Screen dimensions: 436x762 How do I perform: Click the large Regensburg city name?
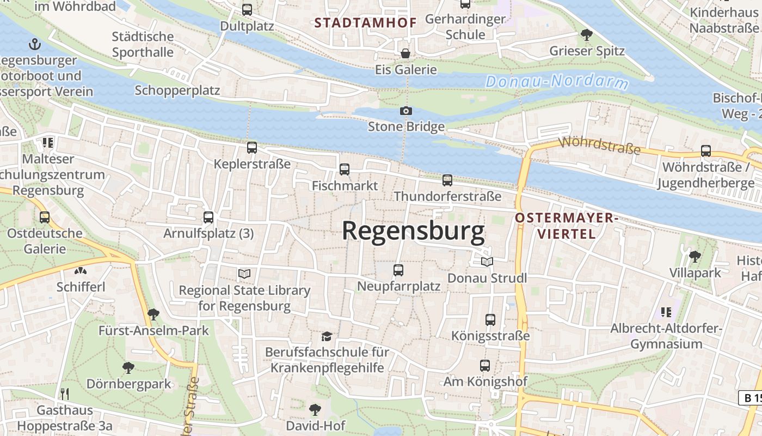[x=413, y=232]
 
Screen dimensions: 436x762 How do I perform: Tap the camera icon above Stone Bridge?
[x=405, y=111]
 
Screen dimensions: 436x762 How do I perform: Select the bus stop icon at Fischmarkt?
[x=345, y=169]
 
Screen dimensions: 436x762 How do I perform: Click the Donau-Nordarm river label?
[x=557, y=82]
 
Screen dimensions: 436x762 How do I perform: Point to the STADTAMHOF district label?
[x=365, y=23]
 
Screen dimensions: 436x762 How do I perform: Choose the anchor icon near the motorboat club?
[x=35, y=44]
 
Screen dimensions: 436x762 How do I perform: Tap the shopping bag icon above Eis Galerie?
[x=405, y=53]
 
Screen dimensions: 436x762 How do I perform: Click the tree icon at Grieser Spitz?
[x=586, y=35]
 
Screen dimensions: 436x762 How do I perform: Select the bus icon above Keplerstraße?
[x=251, y=147]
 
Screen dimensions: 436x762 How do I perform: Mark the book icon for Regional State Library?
[x=244, y=274]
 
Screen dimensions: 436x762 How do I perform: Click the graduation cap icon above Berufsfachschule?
[x=327, y=336]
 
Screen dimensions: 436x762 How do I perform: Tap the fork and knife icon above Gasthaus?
[x=64, y=393]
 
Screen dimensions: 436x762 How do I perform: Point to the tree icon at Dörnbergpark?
[x=128, y=368]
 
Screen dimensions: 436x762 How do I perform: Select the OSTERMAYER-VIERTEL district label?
[x=566, y=226]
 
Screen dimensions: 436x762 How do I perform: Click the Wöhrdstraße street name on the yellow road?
[x=599, y=146]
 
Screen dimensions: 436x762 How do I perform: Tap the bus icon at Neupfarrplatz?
[x=398, y=270]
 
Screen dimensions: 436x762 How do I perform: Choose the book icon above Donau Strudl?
[x=487, y=262]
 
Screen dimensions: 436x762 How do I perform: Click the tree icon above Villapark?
[x=695, y=256]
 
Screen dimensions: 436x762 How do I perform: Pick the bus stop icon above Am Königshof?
[x=485, y=366]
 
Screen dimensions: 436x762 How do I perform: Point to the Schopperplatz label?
[x=177, y=90]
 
